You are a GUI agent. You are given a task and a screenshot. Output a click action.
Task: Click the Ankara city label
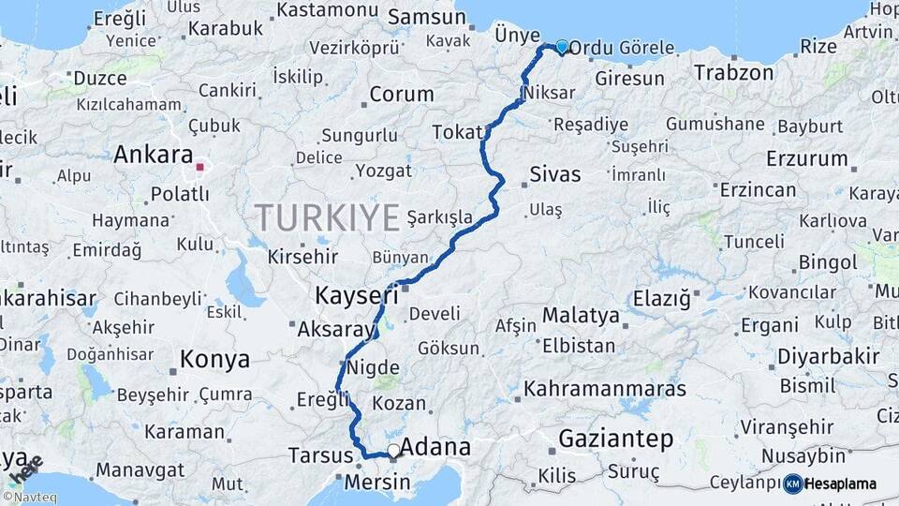[x=153, y=155]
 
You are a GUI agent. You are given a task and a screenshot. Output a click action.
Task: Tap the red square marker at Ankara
[x=200, y=169]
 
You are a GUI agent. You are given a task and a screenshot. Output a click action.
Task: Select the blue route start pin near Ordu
[x=562, y=47]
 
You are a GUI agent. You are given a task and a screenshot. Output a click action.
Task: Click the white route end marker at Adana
[x=393, y=452]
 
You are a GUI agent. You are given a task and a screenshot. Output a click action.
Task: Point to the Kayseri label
[x=350, y=295]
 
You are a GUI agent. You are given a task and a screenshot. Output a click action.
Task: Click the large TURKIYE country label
[x=328, y=217]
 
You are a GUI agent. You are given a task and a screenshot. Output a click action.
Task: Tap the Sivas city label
[x=555, y=174]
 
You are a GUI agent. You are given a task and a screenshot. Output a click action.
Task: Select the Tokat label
[x=456, y=133]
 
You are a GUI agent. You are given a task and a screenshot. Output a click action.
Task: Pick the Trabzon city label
[x=734, y=72]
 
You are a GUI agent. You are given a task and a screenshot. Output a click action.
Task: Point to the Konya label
[x=214, y=359]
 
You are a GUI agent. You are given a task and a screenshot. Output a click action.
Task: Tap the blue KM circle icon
[x=792, y=484]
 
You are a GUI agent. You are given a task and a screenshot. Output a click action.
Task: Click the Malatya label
[x=581, y=315]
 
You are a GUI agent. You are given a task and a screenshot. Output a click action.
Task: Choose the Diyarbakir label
[x=828, y=356]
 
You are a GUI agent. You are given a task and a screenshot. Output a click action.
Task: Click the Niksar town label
[x=544, y=95]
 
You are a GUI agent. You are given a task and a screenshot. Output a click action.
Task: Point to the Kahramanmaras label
[x=605, y=388]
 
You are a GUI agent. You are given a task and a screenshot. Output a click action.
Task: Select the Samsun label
[x=420, y=16]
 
